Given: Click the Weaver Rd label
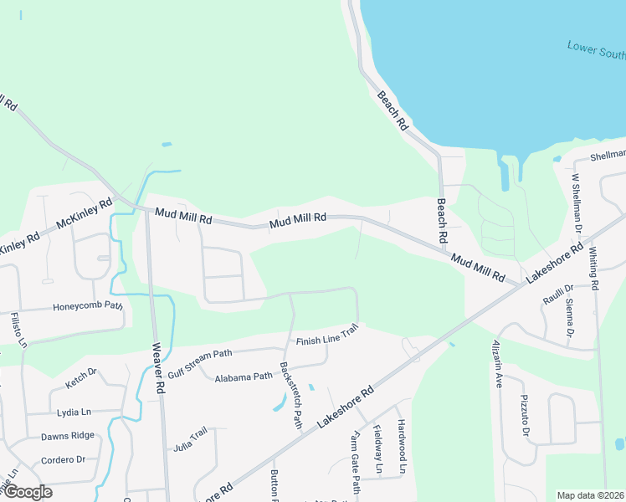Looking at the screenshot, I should [x=156, y=369].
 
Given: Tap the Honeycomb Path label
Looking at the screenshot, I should [x=88, y=306].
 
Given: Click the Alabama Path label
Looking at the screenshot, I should [x=244, y=377].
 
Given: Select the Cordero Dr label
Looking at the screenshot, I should [x=64, y=459].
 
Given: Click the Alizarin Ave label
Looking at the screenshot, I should [x=495, y=366].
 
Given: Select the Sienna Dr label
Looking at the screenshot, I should [x=569, y=318].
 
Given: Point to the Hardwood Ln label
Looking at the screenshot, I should [x=402, y=447].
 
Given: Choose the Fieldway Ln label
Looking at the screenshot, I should [x=377, y=453].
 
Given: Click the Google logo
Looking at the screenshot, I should [x=27, y=492].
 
